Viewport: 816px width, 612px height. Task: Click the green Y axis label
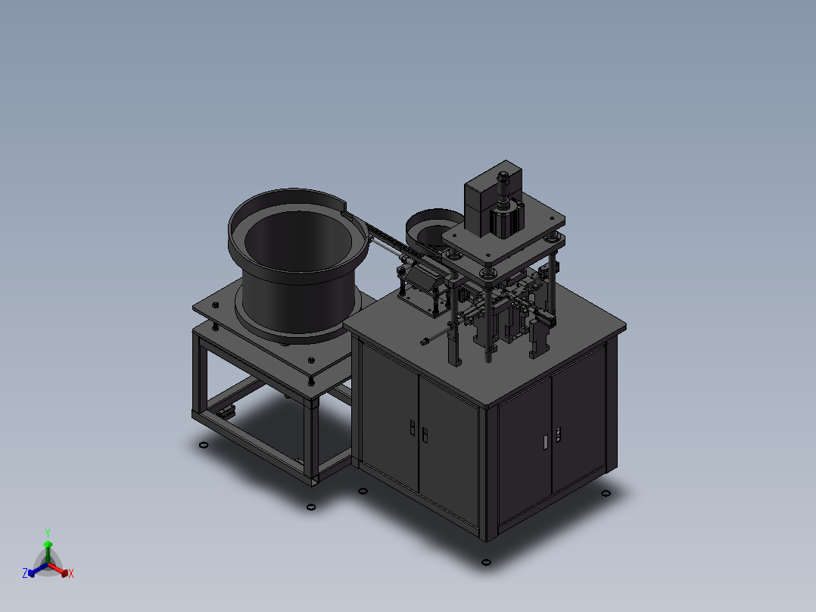(x=48, y=532)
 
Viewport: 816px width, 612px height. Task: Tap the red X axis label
(x=71, y=574)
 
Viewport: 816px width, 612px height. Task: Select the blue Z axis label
(x=25, y=573)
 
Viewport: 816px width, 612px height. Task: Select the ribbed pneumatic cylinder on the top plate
(x=506, y=220)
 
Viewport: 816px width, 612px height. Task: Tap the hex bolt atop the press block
(x=500, y=178)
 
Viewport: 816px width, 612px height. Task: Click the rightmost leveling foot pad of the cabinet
(x=605, y=494)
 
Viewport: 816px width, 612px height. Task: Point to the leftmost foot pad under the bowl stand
(x=203, y=445)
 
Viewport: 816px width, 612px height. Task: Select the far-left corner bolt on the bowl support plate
(x=214, y=305)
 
